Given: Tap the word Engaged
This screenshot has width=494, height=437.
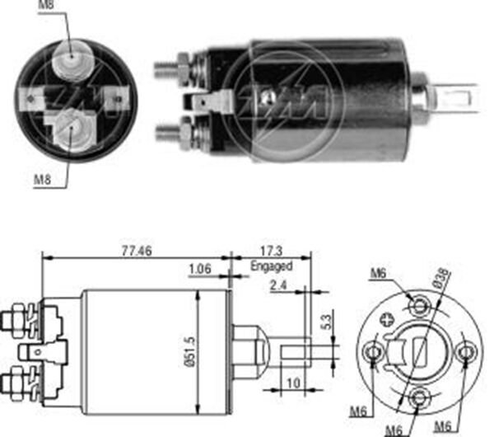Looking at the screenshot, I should [x=271, y=266].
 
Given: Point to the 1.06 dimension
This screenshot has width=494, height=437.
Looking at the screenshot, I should [x=200, y=268].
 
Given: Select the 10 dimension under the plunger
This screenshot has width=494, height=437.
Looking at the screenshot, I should [x=294, y=383].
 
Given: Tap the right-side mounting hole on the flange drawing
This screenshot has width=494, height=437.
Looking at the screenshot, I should [x=466, y=353].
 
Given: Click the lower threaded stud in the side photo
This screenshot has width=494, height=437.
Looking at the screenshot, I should [x=171, y=131].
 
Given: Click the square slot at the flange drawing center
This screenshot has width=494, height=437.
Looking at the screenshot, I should [x=421, y=353].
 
